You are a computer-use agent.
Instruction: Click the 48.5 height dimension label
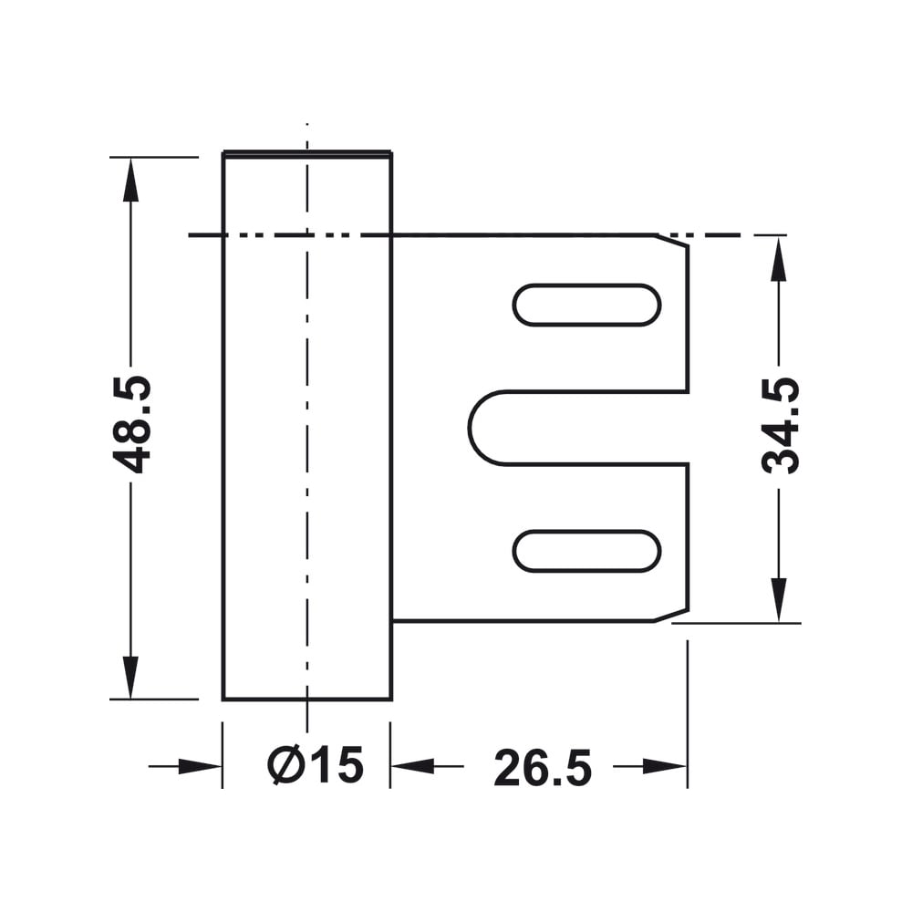tap(131, 425)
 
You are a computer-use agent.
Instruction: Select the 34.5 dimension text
tap(781, 425)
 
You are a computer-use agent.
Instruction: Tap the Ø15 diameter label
tap(316, 764)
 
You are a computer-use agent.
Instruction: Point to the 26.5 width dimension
tap(543, 767)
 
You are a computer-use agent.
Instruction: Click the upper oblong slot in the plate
tap(586, 305)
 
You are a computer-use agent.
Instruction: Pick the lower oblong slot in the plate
tap(586, 551)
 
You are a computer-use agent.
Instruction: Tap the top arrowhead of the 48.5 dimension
tap(130, 179)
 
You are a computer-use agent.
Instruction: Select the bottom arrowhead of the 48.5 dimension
tap(130, 677)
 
